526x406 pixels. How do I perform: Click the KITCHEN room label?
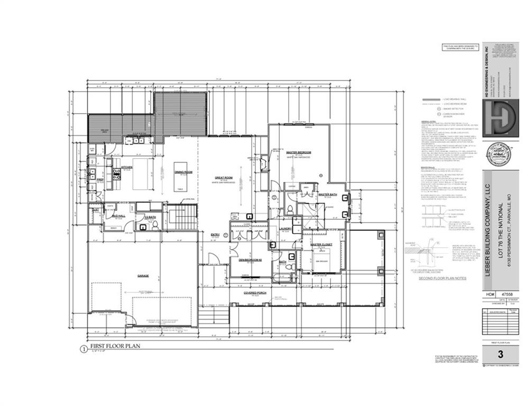pyautogui.click(x=127, y=167)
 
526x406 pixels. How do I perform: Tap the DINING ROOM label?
pyautogui.click(x=183, y=172)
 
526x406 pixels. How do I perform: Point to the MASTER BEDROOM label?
pyautogui.click(x=300, y=152)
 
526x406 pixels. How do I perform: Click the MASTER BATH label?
pyautogui.click(x=328, y=195)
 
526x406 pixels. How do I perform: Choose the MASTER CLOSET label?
pyautogui.click(x=321, y=245)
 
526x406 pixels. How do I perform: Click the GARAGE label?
pyautogui.click(x=143, y=276)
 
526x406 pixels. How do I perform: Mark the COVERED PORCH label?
pyautogui.click(x=254, y=292)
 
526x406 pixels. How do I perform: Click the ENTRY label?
pyautogui.click(x=215, y=234)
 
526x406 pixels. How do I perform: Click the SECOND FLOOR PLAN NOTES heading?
pyautogui.click(x=442, y=278)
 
